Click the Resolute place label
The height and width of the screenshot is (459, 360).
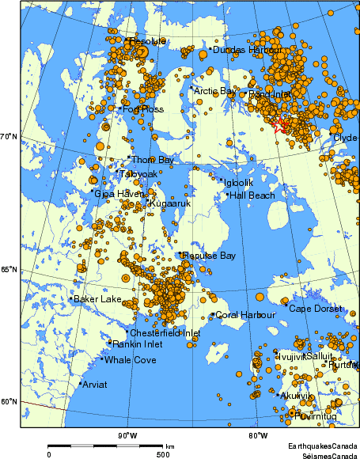148,40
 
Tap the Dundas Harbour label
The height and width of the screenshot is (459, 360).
247,50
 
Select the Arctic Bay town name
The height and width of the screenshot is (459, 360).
214,91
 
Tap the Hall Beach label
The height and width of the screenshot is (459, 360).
252,195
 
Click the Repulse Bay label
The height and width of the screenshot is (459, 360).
209,256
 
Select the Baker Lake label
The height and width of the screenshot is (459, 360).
98,299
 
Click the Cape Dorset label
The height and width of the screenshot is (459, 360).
315,309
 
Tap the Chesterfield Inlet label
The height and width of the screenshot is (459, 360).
165,333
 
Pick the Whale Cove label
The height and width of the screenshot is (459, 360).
131,360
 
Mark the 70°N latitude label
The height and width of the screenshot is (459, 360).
9,138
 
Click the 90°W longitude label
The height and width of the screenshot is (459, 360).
127,436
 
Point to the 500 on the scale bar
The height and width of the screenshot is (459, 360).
163,454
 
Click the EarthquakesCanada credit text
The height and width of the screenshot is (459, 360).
321,447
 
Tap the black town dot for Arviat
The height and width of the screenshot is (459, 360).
81,383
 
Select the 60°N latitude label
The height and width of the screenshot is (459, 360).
9,401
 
